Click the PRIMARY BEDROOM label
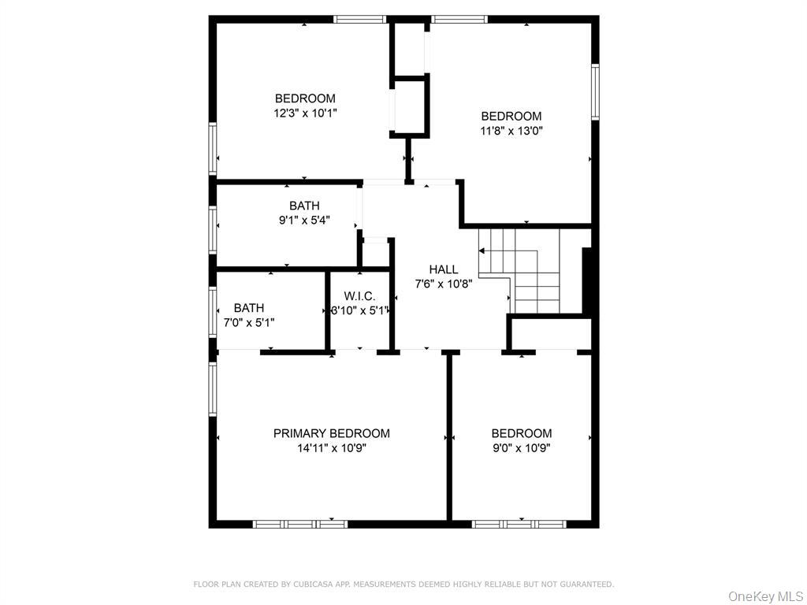click(331, 433)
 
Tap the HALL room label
click(443, 269)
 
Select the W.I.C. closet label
click(359, 295)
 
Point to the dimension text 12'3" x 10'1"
click(305, 113)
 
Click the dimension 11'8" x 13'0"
click(511, 131)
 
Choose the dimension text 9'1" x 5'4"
click(304, 221)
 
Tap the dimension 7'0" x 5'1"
click(249, 322)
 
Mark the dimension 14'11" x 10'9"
click(331, 448)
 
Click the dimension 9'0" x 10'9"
click(521, 448)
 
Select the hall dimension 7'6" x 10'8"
click(443, 284)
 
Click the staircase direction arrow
click(482, 251)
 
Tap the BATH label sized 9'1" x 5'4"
click(304, 206)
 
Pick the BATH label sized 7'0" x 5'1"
click(249, 308)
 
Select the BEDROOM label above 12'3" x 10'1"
click(305, 98)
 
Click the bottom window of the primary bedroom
click(300, 524)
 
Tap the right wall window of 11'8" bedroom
click(595, 92)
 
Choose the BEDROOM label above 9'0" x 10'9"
click(521, 433)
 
